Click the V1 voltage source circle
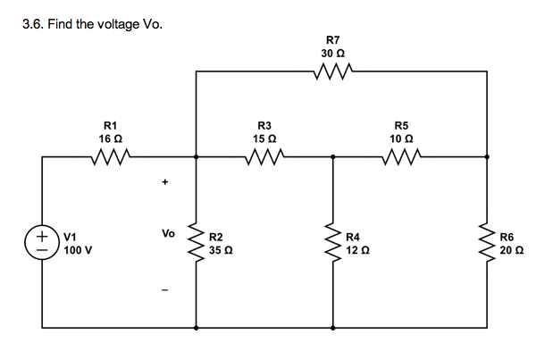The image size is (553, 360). click(43, 242)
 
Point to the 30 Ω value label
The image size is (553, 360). click(332, 54)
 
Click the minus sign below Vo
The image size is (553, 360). click(163, 289)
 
